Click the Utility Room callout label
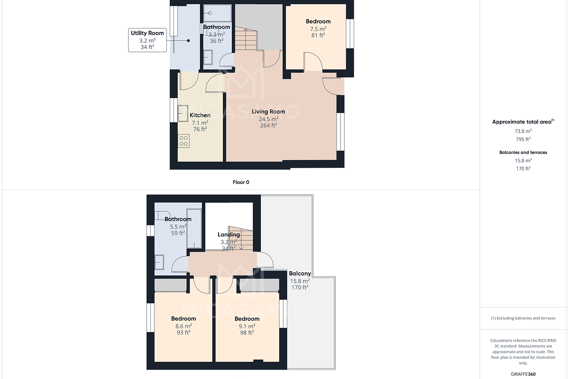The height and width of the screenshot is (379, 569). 147,33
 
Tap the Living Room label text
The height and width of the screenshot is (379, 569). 268,112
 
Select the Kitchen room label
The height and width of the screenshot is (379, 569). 200,116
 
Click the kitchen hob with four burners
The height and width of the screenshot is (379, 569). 184,140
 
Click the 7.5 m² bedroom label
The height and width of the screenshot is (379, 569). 318,21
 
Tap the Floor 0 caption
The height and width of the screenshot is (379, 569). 241,182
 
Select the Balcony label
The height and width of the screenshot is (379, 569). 300,274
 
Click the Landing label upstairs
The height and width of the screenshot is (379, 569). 229,235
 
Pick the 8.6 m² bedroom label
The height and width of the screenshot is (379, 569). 184,319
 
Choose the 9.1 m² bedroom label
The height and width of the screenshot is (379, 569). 247,319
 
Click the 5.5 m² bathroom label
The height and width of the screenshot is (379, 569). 178,219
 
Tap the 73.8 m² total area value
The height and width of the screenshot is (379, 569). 523,131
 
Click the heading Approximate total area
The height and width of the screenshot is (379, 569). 522,122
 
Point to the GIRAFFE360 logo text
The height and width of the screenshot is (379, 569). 523,374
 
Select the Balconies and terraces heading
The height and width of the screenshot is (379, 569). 523,153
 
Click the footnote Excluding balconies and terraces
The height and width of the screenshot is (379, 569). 523,318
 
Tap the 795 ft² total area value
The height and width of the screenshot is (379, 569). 523,139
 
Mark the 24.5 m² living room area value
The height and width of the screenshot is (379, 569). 268,119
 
